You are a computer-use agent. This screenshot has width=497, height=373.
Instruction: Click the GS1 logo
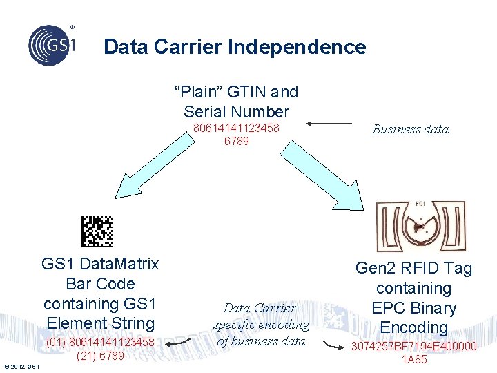pyautogui.click(x=52, y=45)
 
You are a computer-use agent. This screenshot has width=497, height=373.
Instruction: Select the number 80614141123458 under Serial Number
pyautogui.click(x=236, y=128)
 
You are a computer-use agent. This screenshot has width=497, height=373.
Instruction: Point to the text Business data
pyautogui.click(x=410, y=128)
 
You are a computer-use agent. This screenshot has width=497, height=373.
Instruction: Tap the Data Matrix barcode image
pyautogui.click(x=97, y=231)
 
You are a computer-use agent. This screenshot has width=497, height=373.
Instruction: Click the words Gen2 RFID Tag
pyautogui.click(x=413, y=269)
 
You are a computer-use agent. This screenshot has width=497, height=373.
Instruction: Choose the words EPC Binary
pyautogui.click(x=413, y=308)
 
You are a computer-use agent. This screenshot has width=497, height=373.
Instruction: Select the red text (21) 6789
pyautogui.click(x=100, y=356)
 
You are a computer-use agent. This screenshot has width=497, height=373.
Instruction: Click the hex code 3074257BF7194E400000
pyautogui.click(x=413, y=346)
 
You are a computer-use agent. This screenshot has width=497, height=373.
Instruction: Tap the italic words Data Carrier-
pyautogui.click(x=260, y=308)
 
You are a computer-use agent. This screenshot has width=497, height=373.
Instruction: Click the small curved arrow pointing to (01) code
pyautogui.click(x=181, y=343)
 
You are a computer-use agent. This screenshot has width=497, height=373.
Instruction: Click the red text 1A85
pyautogui.click(x=414, y=359)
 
